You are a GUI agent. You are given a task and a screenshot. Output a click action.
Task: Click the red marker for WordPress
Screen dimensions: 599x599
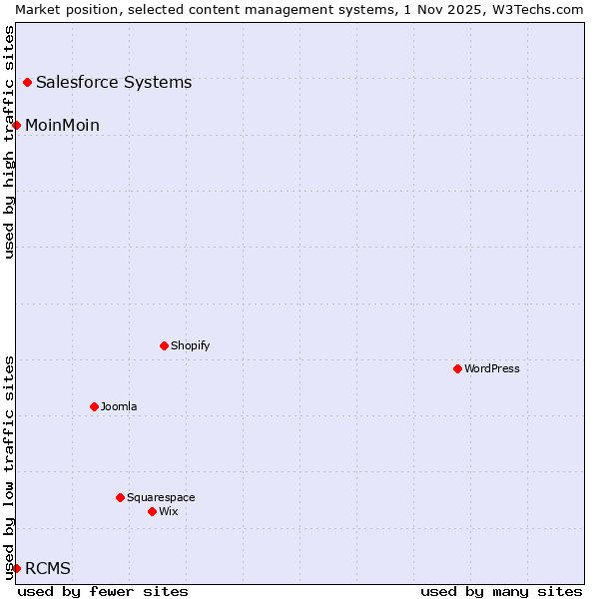(x=458, y=368)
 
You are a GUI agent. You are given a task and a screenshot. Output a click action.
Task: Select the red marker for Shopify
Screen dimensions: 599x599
(x=165, y=345)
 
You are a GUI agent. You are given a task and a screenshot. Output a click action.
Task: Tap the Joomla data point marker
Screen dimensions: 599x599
(x=95, y=406)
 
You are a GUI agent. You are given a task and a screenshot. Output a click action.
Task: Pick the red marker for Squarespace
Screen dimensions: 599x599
(x=121, y=497)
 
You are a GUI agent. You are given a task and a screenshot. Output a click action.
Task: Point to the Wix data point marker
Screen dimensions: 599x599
(x=153, y=511)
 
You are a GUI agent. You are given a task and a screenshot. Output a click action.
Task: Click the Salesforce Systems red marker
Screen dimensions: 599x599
(x=28, y=82)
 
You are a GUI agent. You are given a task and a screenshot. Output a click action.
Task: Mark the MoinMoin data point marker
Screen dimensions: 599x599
(x=17, y=125)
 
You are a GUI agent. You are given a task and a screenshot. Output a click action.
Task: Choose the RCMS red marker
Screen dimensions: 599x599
(x=17, y=568)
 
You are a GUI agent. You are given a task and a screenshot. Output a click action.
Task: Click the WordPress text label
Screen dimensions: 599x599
(x=492, y=368)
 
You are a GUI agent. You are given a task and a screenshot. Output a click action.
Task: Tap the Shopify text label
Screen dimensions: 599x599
(x=190, y=345)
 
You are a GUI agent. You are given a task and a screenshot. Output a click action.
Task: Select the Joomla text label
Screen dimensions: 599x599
(x=119, y=406)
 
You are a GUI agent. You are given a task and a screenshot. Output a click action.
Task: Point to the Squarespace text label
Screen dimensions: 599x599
(x=161, y=497)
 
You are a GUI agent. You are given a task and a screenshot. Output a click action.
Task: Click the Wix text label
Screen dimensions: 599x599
(x=169, y=511)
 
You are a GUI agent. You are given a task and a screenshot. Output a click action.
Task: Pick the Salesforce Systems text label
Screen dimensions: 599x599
(x=114, y=82)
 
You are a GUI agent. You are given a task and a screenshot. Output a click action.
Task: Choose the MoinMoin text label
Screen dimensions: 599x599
(x=62, y=125)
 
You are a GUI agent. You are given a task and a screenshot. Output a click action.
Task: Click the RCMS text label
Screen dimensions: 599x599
(x=48, y=568)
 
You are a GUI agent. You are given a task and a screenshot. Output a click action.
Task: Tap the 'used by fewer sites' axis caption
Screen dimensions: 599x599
(x=103, y=591)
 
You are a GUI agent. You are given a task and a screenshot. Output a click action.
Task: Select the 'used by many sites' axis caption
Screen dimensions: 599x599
(x=501, y=591)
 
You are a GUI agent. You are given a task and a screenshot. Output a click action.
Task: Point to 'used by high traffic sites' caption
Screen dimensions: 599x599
(x=9, y=142)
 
